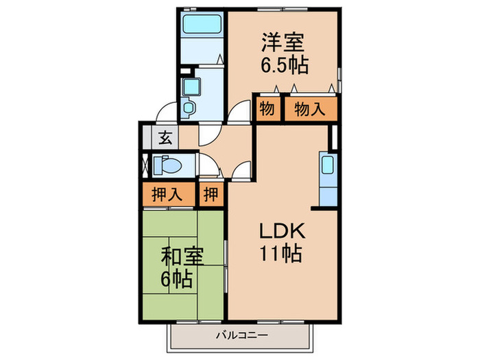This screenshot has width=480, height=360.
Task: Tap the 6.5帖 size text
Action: point(283,65)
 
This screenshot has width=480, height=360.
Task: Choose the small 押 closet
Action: point(211,193)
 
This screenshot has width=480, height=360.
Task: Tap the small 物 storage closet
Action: point(267,108)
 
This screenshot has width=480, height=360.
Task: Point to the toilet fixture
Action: point(169,165)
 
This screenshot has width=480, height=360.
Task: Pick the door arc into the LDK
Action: point(240,171)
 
